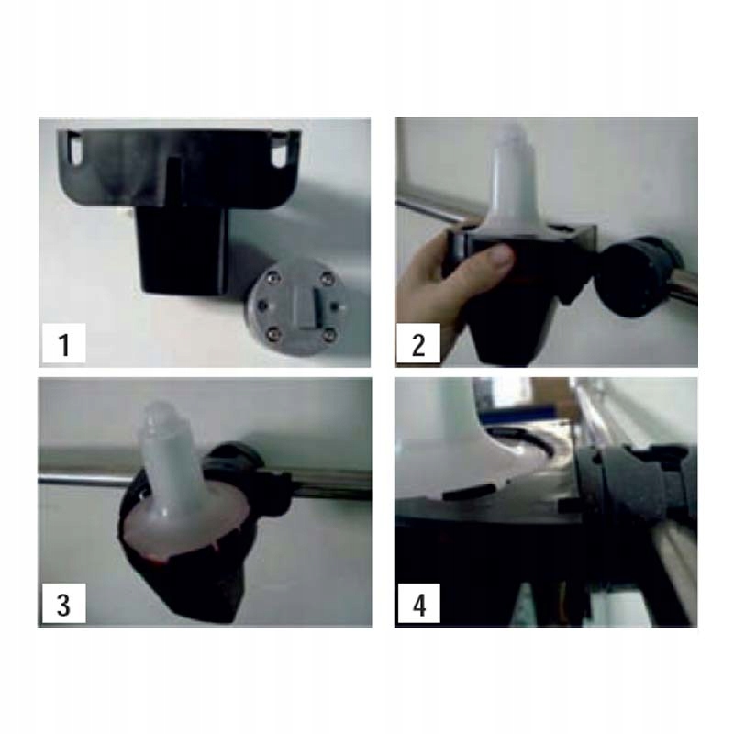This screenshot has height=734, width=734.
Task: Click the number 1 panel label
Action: pos(64,342)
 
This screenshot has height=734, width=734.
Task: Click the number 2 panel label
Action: pos(418,342)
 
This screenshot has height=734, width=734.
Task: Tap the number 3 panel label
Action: pos(64,604)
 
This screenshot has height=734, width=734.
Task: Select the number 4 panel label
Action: pos(419,604)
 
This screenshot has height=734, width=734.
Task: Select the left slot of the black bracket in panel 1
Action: pos(75,149)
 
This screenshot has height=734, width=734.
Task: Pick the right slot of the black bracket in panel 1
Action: pos(281,150)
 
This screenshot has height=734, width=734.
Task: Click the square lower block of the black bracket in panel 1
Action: pos(182,250)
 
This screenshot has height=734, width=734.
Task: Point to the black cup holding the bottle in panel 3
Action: pos(187,571)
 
